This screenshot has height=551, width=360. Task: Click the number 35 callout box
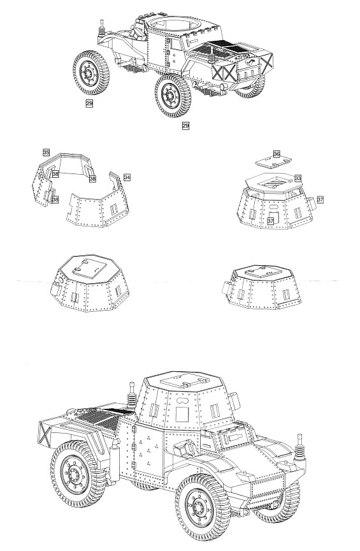pos(47,152)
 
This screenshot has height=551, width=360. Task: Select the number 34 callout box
pos(127,177)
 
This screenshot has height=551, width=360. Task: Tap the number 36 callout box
pos(277,154)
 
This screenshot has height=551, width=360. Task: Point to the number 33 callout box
pos(298,178)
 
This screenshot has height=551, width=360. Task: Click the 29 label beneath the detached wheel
pos(89,103)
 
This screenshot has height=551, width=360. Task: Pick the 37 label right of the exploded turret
pos(320,199)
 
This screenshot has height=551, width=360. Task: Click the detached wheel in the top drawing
pos(91,73)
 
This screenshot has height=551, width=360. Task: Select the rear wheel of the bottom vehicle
pos(78,473)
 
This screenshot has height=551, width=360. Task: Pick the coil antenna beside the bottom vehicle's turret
pos(132,397)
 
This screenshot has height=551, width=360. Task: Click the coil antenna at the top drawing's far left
pos(102,28)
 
